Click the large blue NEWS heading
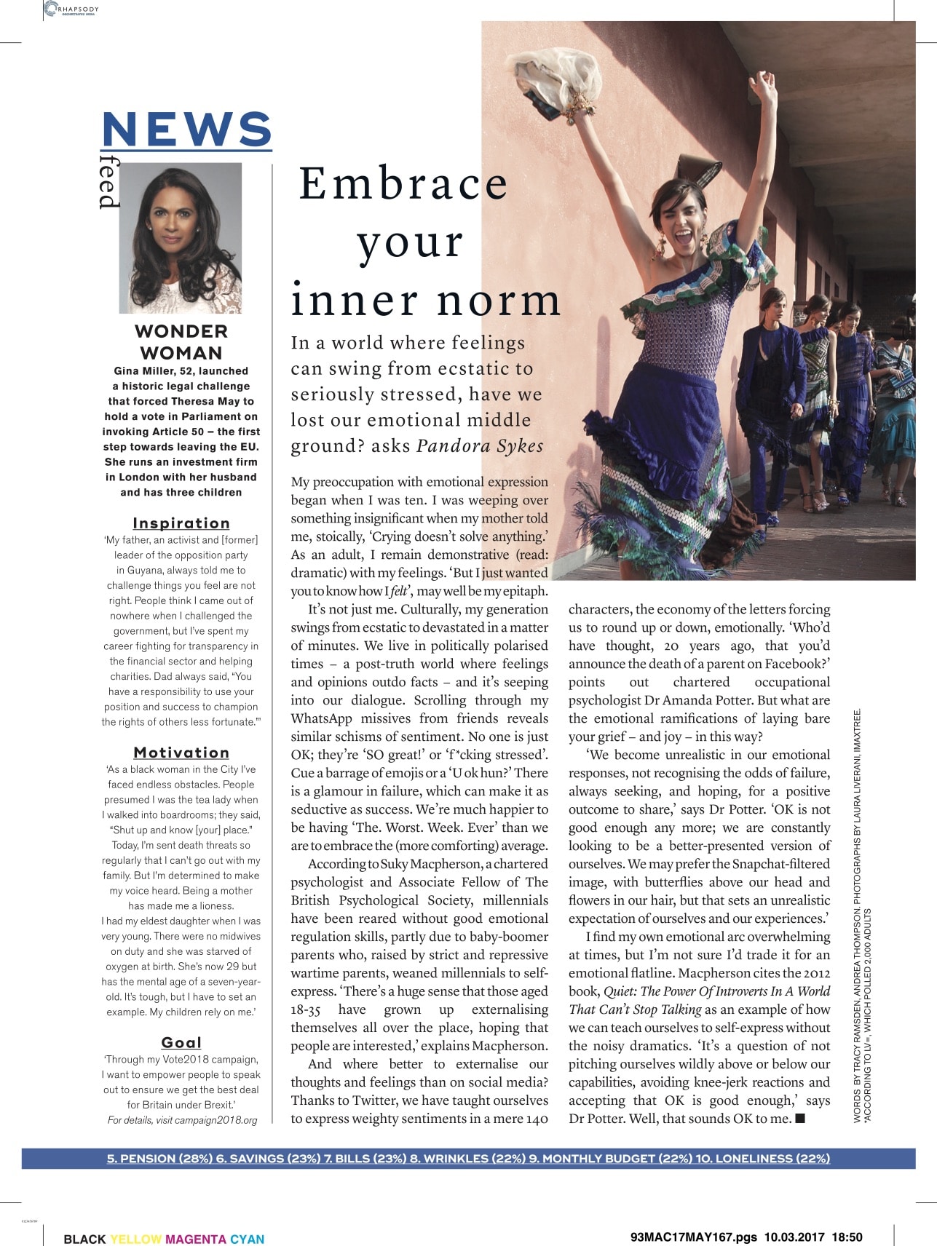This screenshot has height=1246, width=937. click(186, 129)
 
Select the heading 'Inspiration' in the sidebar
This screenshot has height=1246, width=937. click(181, 523)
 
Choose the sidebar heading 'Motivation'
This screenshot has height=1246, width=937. click(181, 753)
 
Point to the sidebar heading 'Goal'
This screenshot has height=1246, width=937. click(181, 1042)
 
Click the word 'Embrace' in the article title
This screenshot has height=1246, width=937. click(403, 183)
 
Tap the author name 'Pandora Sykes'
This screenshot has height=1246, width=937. click(480, 445)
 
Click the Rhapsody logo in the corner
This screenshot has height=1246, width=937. click(71, 9)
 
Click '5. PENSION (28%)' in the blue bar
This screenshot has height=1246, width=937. click(159, 1159)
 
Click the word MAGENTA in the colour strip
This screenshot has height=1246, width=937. click(195, 1239)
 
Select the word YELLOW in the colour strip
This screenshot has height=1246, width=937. click(135, 1239)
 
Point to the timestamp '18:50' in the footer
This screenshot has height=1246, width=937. click(847, 1237)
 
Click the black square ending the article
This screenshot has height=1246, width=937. click(801, 1118)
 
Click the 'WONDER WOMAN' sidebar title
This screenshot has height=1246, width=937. click(181, 342)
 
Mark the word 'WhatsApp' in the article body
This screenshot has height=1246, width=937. click(321, 718)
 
